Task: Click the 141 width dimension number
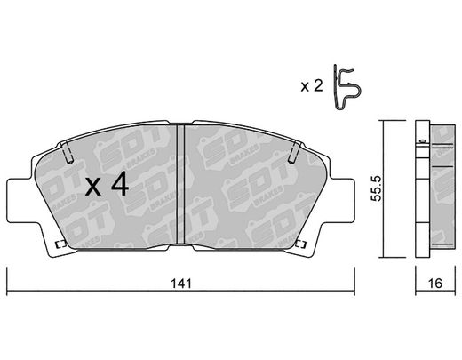[x=181, y=284]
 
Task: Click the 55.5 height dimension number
[x=378, y=188]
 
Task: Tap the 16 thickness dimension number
[x=435, y=284]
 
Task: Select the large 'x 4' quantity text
[x=107, y=184]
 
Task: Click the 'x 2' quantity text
[x=311, y=86]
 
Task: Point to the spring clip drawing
[x=346, y=87]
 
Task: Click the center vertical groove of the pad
[x=180, y=184]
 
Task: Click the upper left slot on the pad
[x=68, y=152]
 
